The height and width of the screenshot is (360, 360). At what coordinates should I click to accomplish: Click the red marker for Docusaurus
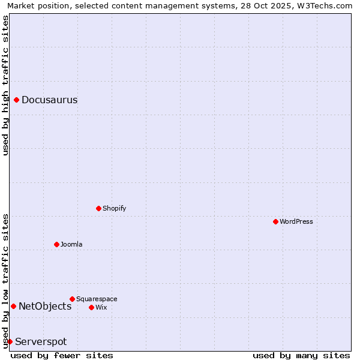click(17, 100)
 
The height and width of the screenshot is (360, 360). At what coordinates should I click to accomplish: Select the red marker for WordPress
click(275, 221)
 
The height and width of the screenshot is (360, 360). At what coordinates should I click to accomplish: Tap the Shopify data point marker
click(99, 208)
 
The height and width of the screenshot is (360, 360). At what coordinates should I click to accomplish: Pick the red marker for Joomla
click(57, 244)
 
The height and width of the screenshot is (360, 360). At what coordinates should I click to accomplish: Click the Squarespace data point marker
click(73, 299)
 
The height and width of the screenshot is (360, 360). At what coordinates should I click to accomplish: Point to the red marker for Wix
click(92, 307)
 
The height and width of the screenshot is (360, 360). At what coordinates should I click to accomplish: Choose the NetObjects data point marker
click(13, 306)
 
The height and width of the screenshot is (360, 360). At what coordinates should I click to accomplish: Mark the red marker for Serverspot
click(10, 341)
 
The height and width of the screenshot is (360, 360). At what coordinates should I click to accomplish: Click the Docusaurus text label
click(49, 100)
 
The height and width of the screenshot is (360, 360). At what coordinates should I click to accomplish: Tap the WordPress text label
click(296, 221)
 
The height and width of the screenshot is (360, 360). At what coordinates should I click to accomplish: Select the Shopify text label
click(114, 208)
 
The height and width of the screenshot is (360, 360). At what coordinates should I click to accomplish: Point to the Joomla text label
click(71, 244)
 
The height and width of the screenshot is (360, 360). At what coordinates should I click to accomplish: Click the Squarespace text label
click(97, 299)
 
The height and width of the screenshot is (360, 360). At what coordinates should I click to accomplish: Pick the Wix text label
click(101, 307)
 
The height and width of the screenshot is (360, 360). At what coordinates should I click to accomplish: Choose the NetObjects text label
click(45, 306)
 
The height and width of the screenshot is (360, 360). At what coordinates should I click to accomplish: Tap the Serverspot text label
click(41, 341)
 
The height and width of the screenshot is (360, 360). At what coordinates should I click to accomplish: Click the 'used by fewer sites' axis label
click(62, 355)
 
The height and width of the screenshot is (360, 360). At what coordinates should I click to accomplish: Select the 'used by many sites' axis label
click(301, 355)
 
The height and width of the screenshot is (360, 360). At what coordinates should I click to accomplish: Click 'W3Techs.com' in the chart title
click(326, 5)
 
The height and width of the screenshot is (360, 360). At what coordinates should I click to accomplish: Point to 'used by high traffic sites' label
click(5, 85)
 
